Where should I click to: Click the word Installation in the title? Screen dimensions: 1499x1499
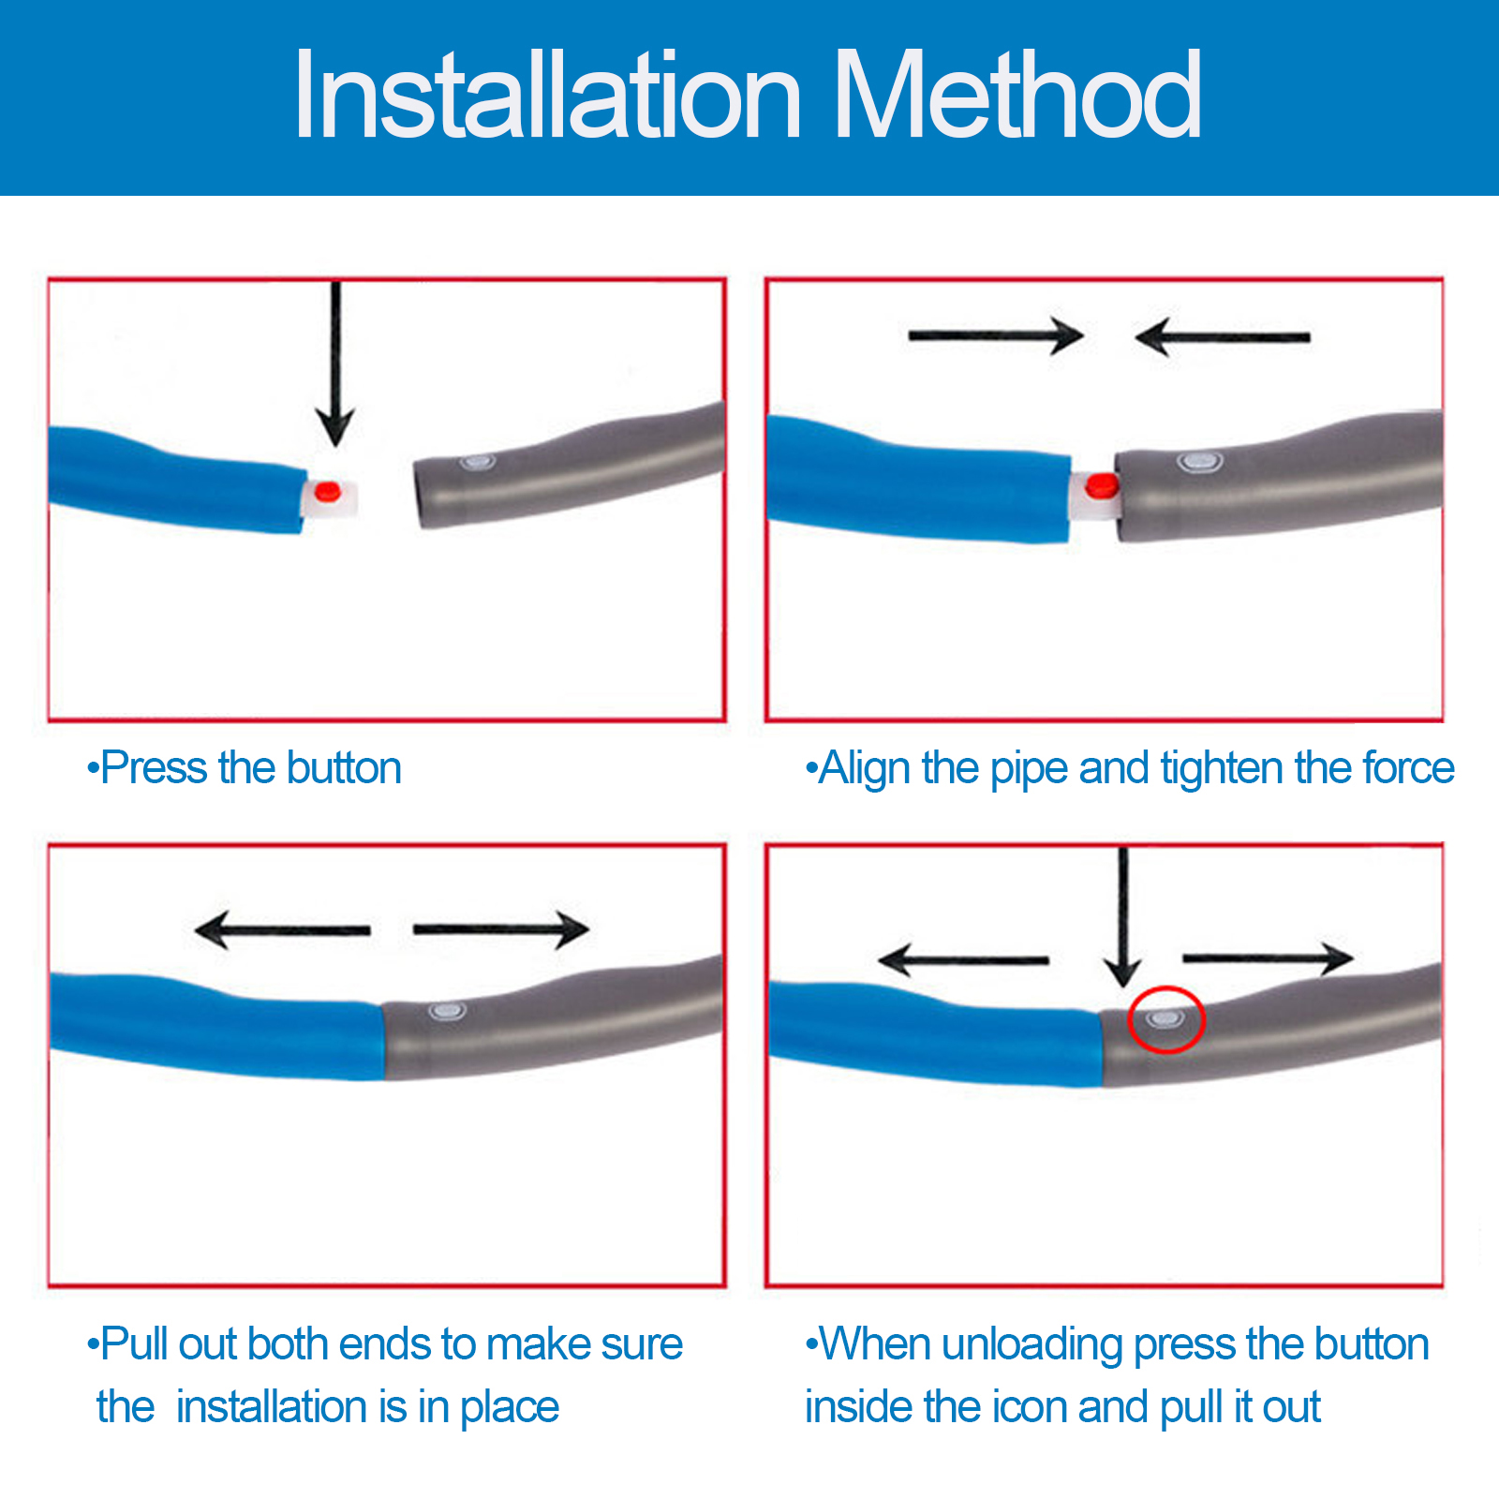(x=548, y=96)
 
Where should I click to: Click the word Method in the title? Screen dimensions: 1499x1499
(x=1017, y=96)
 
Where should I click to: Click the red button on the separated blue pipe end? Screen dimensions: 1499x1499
(x=327, y=490)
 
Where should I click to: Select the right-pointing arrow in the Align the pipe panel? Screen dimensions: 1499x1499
(x=996, y=335)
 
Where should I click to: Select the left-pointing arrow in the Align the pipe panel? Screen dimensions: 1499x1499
(x=1222, y=336)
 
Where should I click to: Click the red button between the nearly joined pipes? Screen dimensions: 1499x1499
(x=1101, y=485)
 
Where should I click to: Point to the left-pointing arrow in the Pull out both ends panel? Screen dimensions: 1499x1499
(x=282, y=929)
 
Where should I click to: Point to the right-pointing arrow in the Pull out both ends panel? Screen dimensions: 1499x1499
(x=501, y=929)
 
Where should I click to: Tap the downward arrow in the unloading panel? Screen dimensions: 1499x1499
(x=1122, y=918)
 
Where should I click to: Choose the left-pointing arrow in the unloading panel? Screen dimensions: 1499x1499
(x=963, y=959)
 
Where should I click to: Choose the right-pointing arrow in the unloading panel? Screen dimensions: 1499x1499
(x=1269, y=957)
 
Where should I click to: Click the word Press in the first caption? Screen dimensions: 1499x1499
(x=155, y=768)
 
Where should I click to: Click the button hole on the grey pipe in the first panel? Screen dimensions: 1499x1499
(x=477, y=462)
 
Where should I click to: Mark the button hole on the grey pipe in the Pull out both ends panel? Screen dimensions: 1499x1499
(x=448, y=1012)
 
